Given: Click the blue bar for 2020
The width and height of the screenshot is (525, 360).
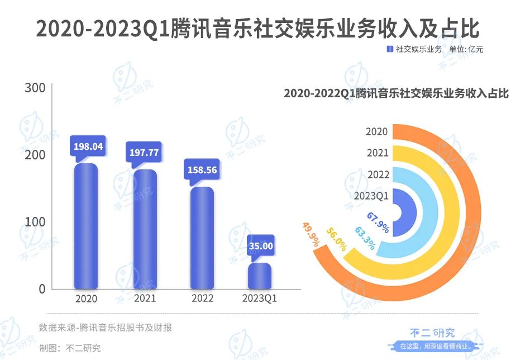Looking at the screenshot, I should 86,226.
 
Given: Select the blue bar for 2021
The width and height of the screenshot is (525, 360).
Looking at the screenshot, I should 144,229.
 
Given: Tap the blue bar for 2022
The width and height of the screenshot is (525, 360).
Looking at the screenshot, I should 202,238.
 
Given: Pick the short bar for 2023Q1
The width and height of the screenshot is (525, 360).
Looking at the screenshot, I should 260,276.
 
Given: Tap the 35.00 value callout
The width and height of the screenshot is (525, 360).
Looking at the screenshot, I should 261,245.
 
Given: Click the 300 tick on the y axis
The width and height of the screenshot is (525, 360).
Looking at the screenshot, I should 35,88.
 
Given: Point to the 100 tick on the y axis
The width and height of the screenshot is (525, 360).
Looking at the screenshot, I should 35,222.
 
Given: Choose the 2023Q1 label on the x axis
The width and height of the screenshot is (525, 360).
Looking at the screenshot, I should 260,299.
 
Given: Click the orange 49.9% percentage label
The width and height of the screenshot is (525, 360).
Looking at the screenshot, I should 311,234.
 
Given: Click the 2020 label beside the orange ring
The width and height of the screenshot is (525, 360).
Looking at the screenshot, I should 377,132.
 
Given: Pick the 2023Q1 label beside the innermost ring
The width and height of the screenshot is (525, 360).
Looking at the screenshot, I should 371,196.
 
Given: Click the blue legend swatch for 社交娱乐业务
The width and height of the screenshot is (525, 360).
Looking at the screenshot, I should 390,49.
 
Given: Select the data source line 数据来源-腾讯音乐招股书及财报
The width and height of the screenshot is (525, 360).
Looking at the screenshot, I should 105,328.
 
